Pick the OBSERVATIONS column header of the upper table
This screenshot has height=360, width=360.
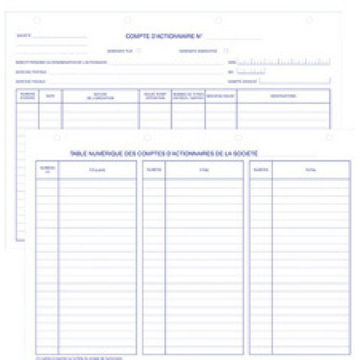pyautogui.click(x=283, y=96)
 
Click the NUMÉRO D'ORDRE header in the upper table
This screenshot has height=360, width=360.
pyautogui.click(x=27, y=96)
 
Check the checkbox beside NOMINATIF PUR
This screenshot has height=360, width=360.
pyautogui.click(x=139, y=50)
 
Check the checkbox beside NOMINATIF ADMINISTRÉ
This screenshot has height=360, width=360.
pyautogui.click(x=226, y=50)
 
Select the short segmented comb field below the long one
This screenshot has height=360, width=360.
pyautogui.click(x=251, y=71)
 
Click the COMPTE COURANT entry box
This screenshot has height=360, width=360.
pyautogui.click(x=295, y=81)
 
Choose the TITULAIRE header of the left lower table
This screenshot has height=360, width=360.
pyautogui.click(x=97, y=170)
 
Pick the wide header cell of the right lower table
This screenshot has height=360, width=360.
pyautogui.click(x=311, y=170)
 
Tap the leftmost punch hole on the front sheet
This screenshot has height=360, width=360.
pyautogui.click(x=57, y=138)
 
